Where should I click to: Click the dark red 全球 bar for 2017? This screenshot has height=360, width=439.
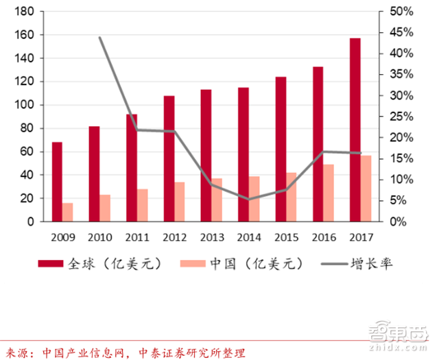pyautogui.click(x=355, y=130)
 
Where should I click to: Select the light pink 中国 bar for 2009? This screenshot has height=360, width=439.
pyautogui.click(x=67, y=213)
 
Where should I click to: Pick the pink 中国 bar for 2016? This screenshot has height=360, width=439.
pyautogui.click(x=329, y=193)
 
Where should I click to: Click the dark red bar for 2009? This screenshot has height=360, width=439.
pyautogui.click(x=57, y=182)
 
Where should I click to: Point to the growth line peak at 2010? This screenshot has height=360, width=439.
pyautogui.click(x=100, y=38)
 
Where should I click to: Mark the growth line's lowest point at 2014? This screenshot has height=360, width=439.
pyautogui.click(x=249, y=200)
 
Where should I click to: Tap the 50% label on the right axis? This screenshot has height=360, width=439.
pyautogui.click(x=401, y=12)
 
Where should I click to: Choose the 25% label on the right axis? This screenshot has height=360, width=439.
pyautogui.click(x=401, y=117)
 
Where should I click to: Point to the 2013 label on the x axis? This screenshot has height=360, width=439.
pyautogui.click(x=212, y=237)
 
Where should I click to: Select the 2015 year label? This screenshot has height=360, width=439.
pyautogui.click(x=286, y=237)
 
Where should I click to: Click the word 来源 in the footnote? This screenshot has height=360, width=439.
pyautogui.click(x=15, y=352)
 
